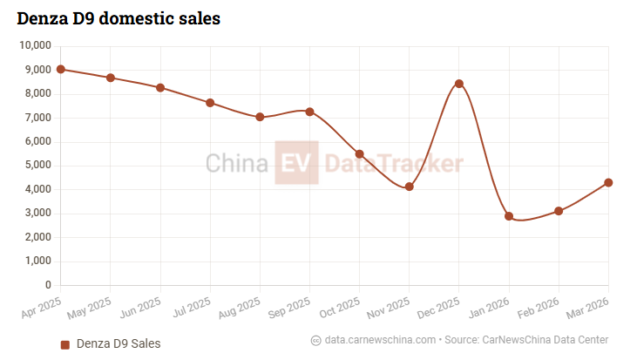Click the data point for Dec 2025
tap(459, 84)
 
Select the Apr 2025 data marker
tap(60, 69)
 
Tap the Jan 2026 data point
tap(509, 216)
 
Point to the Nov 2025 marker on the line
tap(409, 187)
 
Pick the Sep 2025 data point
tap(309, 112)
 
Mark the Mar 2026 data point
tap(608, 182)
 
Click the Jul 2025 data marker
tap(210, 103)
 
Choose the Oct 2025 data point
tap(359, 154)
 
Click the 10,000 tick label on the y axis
tap(36, 45)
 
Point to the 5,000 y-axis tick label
tap(38, 165)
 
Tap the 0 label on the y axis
tap(48, 285)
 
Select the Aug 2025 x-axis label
tap(240, 308)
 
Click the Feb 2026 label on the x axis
tap(539, 308)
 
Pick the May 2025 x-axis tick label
tap(90, 308)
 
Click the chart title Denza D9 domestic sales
tap(119, 18)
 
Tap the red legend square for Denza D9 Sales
tap(65, 344)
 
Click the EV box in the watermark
tap(296, 162)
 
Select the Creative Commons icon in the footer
tap(316, 341)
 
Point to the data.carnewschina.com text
tap(380, 340)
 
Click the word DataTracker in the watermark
tap(394, 163)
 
